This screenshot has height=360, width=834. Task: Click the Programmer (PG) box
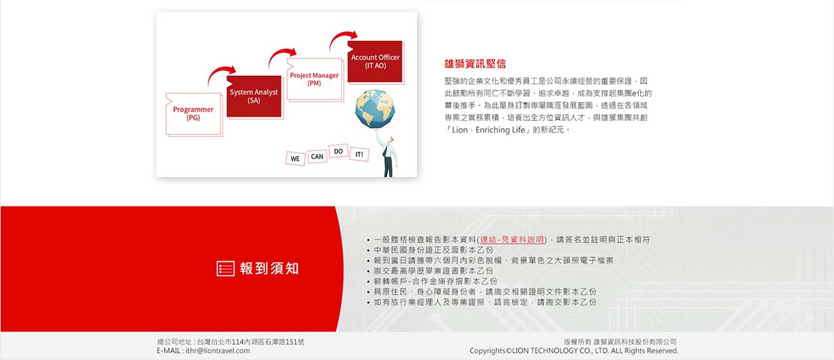(x=193, y=114)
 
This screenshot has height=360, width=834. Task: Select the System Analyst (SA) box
(x=254, y=97)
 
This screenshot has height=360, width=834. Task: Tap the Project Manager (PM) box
(x=315, y=79)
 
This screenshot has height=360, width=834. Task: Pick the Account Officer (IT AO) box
(x=375, y=62)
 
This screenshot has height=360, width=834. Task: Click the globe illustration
(x=375, y=108)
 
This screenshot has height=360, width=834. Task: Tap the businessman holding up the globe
(x=387, y=154)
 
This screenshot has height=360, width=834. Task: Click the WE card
(x=295, y=158)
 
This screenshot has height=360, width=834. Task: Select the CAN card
(x=317, y=156)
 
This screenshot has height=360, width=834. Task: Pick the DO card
(x=338, y=151)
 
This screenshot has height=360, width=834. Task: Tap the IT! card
(x=359, y=154)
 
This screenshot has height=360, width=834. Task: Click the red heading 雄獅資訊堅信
(x=475, y=64)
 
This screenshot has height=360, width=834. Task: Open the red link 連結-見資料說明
(x=512, y=240)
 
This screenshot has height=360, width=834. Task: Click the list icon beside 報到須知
(x=226, y=268)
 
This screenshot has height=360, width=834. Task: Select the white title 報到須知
(x=269, y=268)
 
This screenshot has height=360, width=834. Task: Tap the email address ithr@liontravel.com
(x=218, y=351)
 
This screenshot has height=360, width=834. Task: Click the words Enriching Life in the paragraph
(x=500, y=130)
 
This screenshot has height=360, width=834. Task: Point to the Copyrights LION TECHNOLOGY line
(x=574, y=351)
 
